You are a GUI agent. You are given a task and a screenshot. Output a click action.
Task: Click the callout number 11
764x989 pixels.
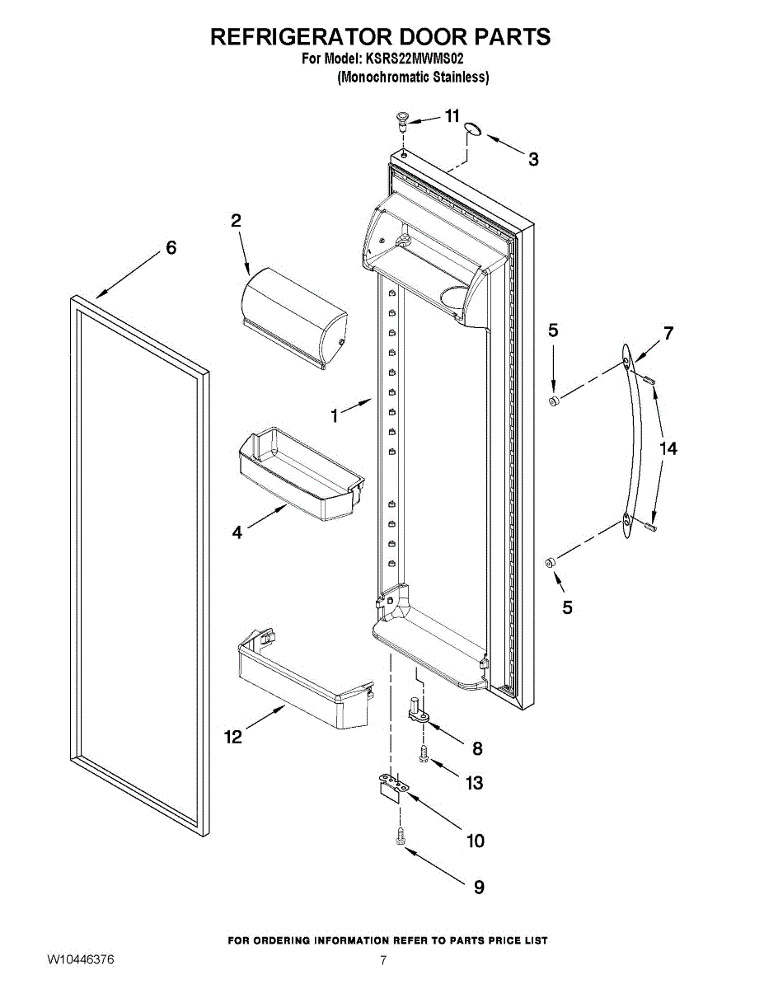(x=452, y=116)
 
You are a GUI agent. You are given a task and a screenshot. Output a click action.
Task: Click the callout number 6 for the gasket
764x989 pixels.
(x=171, y=248)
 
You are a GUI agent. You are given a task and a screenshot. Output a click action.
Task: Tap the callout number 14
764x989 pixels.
(x=668, y=449)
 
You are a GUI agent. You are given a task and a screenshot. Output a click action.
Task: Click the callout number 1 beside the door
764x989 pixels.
(x=334, y=416)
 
